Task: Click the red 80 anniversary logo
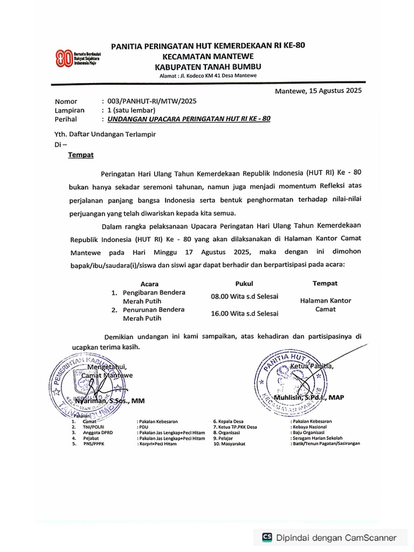point(64,58)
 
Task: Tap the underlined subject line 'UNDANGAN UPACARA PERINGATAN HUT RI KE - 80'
point(189,119)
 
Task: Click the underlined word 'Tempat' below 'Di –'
point(81,155)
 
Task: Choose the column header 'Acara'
point(149,284)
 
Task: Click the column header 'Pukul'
point(244,284)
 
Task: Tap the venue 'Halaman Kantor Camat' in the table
point(325,305)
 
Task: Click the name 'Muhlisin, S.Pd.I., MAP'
point(309,398)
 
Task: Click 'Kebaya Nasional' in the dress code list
point(309,426)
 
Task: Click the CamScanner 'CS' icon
point(267,537)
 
